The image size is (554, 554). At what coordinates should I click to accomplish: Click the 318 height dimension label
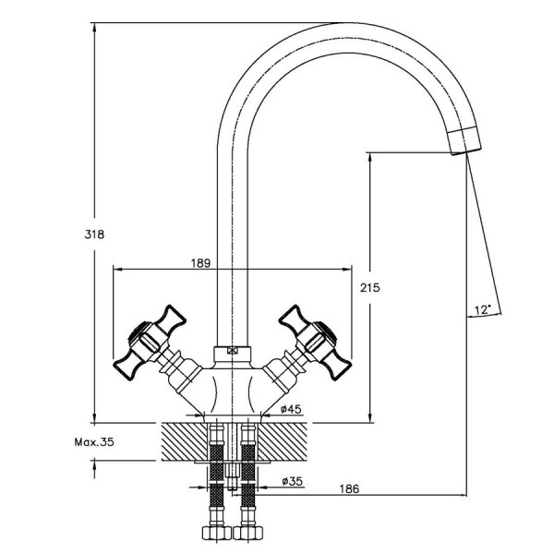[x=94, y=235]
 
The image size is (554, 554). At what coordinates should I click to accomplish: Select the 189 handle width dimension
[x=200, y=263]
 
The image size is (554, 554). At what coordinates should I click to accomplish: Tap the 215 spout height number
[x=370, y=287]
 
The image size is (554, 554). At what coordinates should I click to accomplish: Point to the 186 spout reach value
[x=349, y=488]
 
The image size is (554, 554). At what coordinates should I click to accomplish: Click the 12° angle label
[x=483, y=310]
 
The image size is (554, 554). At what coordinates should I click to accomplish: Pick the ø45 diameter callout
[x=291, y=409]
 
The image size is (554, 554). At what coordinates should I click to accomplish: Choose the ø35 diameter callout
[x=292, y=481]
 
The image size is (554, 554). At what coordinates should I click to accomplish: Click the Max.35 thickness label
[x=94, y=442]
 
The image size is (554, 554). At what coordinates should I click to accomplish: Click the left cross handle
[x=151, y=343]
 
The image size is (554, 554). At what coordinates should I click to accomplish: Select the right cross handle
[x=315, y=343]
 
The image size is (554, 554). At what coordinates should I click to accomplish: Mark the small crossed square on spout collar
[x=232, y=351]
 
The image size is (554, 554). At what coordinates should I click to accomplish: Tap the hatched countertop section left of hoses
[x=184, y=441]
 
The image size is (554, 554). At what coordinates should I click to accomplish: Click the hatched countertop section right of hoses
[x=283, y=441]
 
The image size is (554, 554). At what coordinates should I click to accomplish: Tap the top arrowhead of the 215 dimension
[x=370, y=158]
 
